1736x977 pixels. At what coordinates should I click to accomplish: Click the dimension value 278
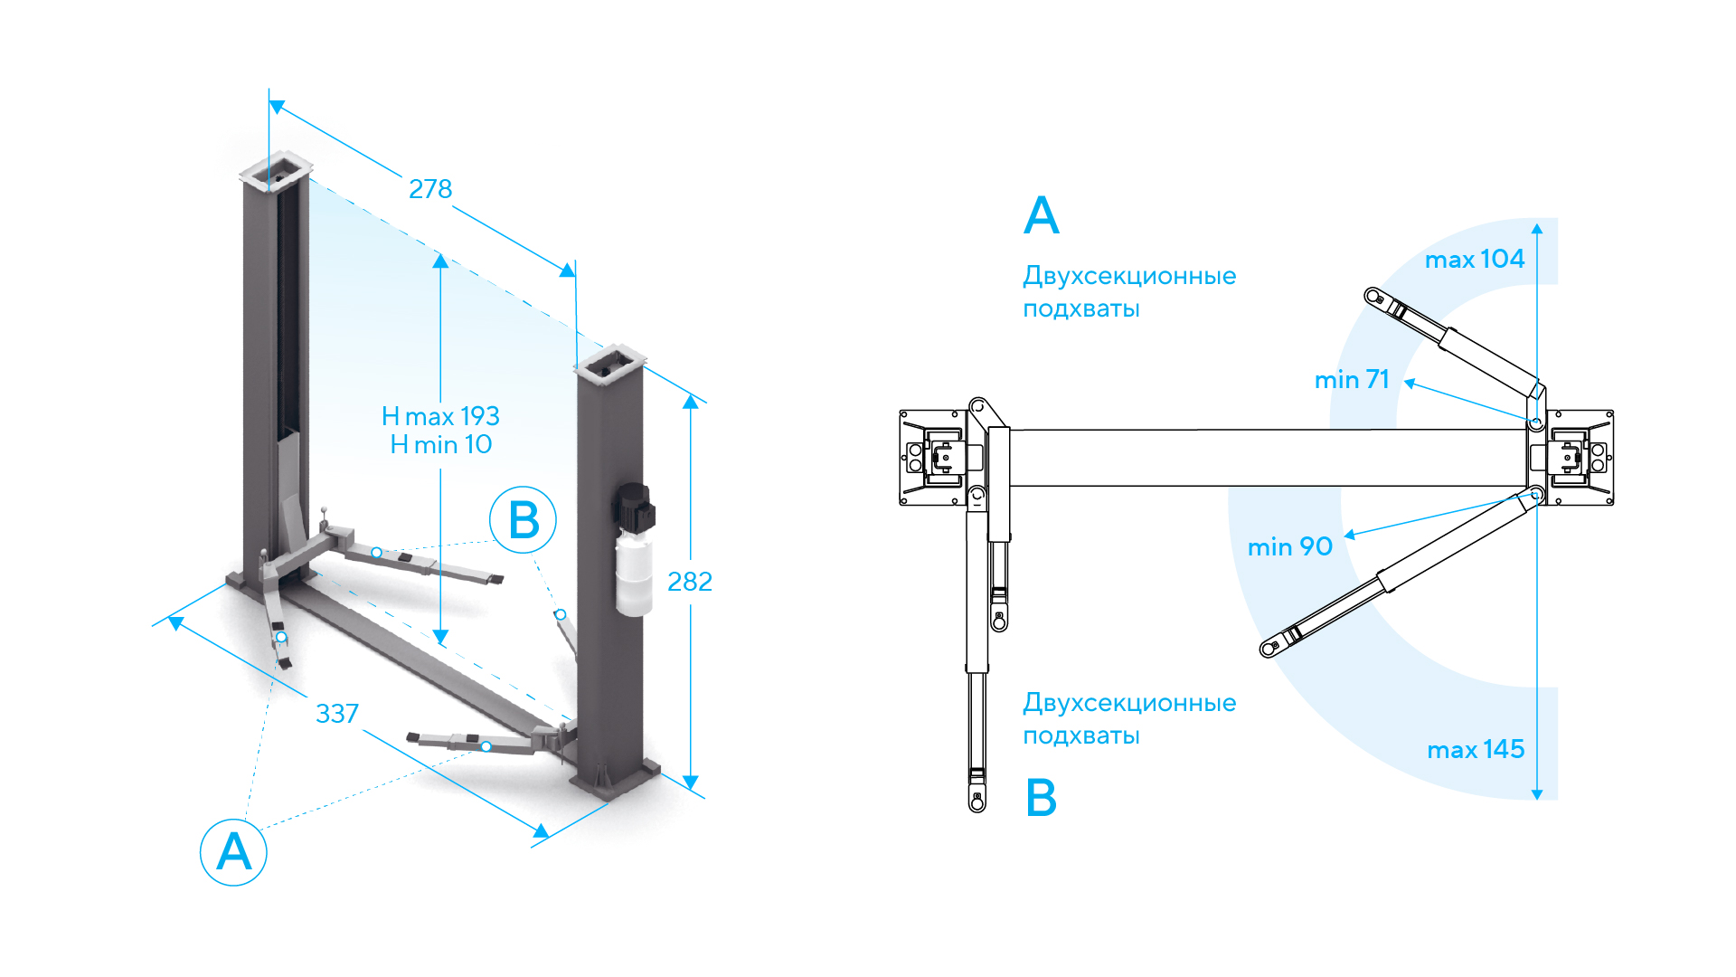(430, 189)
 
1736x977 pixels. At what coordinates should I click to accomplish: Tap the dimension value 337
(337, 714)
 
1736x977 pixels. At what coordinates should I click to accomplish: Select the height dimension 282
(690, 582)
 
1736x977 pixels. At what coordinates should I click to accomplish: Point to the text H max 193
(440, 416)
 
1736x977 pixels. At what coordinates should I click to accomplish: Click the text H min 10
(441, 445)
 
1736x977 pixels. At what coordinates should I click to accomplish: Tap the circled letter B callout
(523, 520)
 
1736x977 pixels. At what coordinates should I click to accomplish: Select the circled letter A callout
(233, 852)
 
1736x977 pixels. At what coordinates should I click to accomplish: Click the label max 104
(1475, 260)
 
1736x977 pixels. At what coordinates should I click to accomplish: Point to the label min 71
(1352, 380)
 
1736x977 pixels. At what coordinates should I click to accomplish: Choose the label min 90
(1290, 547)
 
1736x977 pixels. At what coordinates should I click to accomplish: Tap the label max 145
(1476, 750)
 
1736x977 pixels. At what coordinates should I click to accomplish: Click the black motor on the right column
(636, 508)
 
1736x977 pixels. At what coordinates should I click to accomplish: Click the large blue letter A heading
(1042, 216)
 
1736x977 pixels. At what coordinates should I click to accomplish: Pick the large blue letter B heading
(1042, 798)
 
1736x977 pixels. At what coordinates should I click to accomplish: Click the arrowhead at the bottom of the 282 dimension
(691, 782)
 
